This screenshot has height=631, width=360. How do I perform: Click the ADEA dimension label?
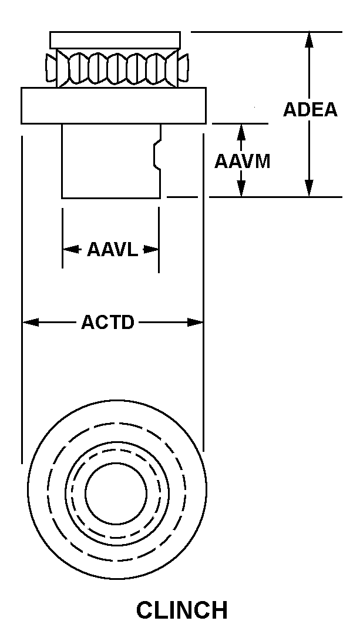[x=310, y=109]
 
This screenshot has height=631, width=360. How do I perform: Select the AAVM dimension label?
[x=242, y=162]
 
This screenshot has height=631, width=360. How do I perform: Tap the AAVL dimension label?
[x=113, y=250]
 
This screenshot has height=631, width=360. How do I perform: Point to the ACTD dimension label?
[x=107, y=322]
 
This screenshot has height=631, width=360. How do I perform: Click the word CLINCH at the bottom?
[x=182, y=610]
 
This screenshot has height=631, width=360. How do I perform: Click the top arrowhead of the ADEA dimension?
[x=309, y=39]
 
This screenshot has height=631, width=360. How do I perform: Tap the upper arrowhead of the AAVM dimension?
[x=241, y=132]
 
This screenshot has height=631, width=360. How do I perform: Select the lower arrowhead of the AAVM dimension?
[x=241, y=189]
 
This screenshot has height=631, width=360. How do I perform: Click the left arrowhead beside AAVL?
[x=71, y=250]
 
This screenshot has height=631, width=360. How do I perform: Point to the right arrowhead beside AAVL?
[x=151, y=250]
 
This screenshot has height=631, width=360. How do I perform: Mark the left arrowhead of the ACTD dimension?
[x=31, y=322]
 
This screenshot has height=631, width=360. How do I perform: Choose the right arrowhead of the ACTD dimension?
[x=195, y=322]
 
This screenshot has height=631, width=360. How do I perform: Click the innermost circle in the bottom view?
[x=116, y=494]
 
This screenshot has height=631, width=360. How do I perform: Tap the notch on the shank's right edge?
[x=156, y=154]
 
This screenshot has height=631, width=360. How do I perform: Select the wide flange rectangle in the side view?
[x=114, y=105]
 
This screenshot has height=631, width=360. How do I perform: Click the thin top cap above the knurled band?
[x=115, y=40]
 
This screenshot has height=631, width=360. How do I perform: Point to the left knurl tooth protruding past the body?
[x=51, y=68]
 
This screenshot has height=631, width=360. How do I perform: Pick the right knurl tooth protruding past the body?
[x=183, y=68]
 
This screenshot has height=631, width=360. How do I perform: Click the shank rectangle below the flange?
[x=112, y=161]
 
